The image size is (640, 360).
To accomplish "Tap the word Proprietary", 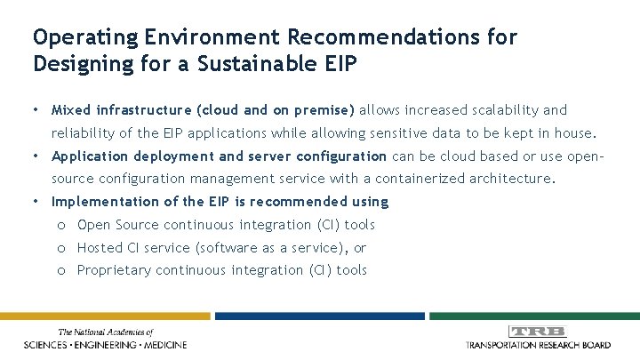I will click(x=114, y=270).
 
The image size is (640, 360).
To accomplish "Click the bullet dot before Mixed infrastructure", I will click(x=35, y=110).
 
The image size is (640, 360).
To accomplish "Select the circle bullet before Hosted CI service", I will click(x=59, y=248).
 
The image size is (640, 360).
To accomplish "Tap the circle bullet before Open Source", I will click(x=59, y=225).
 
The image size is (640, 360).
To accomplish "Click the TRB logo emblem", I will click(x=539, y=332).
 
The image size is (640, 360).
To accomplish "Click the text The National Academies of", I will click(x=106, y=331).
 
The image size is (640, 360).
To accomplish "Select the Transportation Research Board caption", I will click(x=539, y=344).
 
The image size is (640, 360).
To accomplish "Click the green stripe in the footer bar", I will click(x=533, y=316).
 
